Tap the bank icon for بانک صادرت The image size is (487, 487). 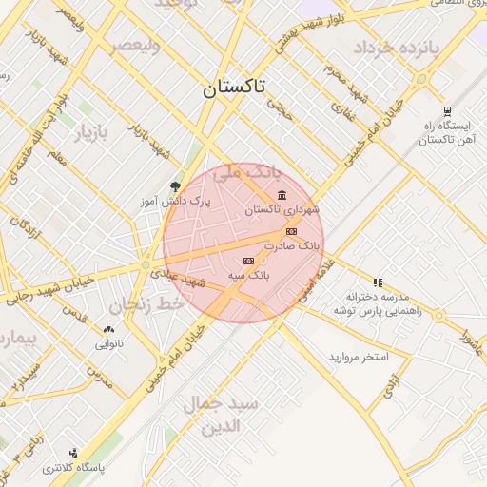coord(291,231)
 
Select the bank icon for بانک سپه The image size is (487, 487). coord(249,261)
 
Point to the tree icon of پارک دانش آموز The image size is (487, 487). coord(174,186)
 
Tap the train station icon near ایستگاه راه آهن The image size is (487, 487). coord(448,110)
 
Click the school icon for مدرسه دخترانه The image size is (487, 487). coord(378,282)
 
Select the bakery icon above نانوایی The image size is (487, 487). coord(107,330)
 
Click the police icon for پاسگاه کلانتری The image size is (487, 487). coord(74,454)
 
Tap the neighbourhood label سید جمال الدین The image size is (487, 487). coord(221,415)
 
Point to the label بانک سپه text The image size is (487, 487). coord(249,275)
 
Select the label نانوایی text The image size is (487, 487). coord(107,344)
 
